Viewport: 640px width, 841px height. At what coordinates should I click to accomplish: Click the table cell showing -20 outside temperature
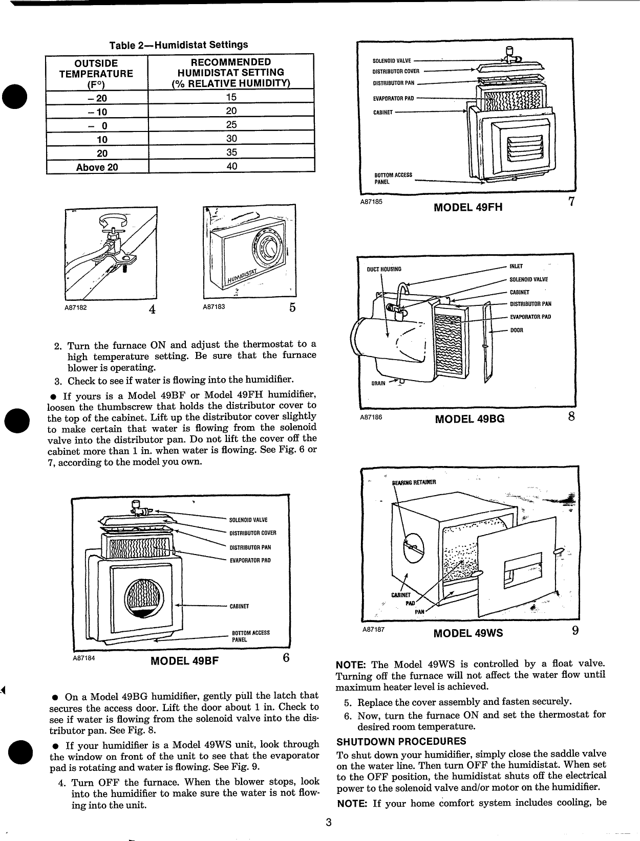[97, 98]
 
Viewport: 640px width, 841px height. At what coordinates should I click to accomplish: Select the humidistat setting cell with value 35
[231, 152]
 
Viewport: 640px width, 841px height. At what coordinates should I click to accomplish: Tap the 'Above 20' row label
[97, 167]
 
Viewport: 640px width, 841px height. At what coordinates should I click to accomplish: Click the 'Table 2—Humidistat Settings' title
[179, 45]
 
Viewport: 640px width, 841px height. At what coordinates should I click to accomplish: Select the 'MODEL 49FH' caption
[467, 207]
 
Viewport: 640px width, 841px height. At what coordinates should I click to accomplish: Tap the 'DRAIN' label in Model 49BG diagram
[378, 383]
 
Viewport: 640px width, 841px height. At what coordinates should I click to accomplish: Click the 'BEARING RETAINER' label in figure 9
[413, 482]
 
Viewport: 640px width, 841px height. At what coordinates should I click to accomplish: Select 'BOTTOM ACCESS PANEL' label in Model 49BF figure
[250, 636]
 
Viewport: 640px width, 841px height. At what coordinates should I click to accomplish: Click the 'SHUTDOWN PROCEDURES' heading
[401, 741]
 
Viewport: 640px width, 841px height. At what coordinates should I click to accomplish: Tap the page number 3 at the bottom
[329, 823]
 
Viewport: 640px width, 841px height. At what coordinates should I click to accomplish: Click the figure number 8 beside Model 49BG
[571, 416]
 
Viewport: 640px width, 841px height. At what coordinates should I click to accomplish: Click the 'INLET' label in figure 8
[516, 267]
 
